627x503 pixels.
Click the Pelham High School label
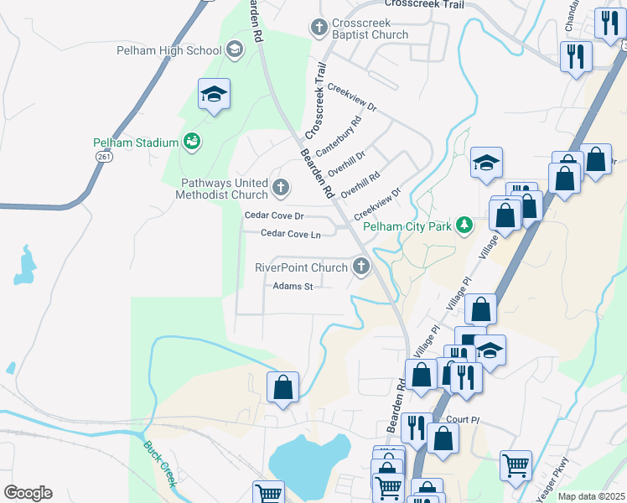point(168,50)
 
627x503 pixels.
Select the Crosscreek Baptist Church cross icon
point(319,29)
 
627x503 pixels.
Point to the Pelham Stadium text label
point(136,143)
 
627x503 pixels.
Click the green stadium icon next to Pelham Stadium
point(192,142)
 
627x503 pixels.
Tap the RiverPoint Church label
point(301,268)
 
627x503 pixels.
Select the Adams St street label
point(293,287)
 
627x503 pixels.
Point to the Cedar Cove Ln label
point(291,235)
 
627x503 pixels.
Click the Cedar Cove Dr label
point(273,215)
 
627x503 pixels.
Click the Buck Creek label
point(158,464)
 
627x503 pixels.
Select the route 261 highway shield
point(104,156)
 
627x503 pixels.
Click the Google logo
point(28,493)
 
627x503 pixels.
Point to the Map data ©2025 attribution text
point(591,496)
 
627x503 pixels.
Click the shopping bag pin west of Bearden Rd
point(282,387)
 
